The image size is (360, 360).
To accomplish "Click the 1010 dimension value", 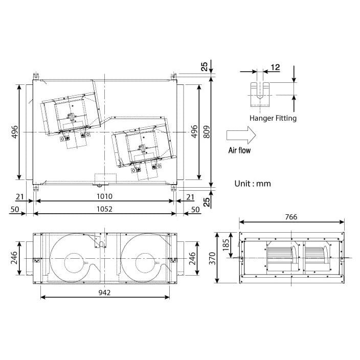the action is tap(104, 196).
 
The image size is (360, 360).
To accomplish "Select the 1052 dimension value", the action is tap(104, 209).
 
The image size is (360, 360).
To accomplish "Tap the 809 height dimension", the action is tap(207, 132).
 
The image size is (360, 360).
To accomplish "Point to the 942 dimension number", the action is tap(104, 292).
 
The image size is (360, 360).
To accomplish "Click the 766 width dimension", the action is tap(291, 217).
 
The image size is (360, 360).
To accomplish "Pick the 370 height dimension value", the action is tap(212, 258).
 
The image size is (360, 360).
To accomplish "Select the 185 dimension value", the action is tap(226, 245).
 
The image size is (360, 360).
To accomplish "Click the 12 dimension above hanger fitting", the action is tap(275, 67).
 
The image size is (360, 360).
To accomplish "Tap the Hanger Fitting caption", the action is tap(273, 118).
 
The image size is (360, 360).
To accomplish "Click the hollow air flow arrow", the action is tap(241, 135).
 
